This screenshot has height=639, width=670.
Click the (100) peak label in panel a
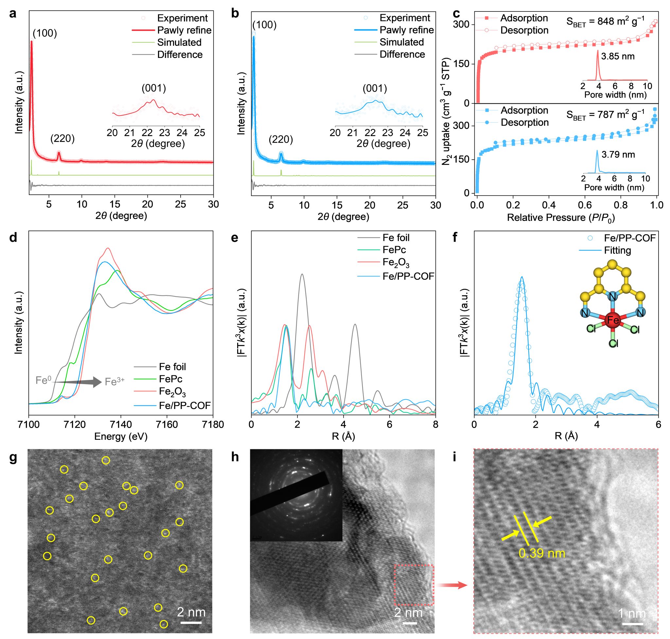coord(44,33)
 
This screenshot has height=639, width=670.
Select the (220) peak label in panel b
coord(281,139)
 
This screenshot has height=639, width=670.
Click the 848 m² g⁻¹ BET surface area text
coord(605,22)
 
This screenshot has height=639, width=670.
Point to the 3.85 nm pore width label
coord(618,56)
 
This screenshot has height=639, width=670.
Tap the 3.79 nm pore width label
coord(618,155)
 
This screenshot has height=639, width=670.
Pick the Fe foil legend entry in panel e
coord(396,238)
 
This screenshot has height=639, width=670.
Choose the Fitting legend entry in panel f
coord(617,250)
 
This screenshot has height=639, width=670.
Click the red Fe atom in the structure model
coord(613,321)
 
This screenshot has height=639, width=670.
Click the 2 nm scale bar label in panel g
coord(191,612)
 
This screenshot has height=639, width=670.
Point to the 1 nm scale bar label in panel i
coord(632,613)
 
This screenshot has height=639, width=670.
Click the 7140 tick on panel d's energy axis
coord(121,425)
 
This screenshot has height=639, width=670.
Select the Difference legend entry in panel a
coord(180,55)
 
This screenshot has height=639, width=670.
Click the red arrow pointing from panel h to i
coord(453,585)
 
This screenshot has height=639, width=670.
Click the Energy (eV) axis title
coord(121,436)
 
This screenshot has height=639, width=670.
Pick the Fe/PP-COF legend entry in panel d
coord(185,405)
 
